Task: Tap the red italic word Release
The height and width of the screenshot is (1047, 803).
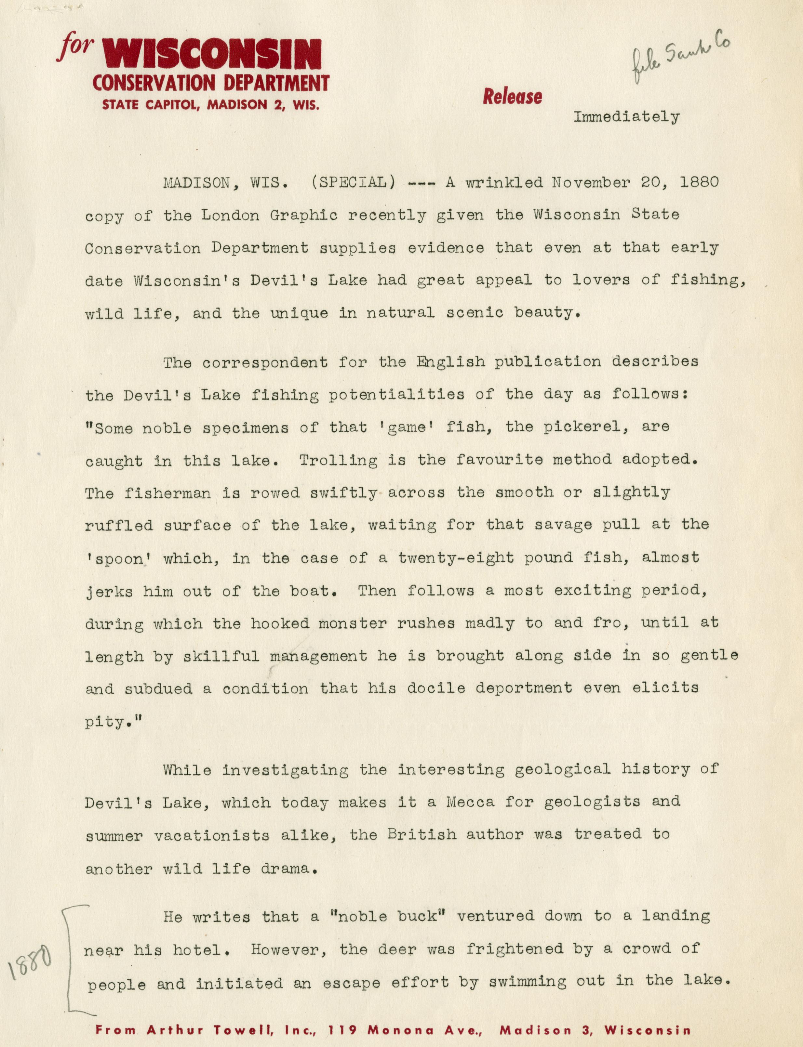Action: pos(512,97)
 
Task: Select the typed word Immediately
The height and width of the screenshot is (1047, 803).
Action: pos(626,117)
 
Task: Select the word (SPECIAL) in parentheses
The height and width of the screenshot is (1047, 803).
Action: pos(353,182)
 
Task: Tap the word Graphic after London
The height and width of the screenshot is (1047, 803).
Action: pos(303,216)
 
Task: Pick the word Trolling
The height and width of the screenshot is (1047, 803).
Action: pos(338,460)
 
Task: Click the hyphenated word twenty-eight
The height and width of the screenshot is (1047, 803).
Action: pos(456,558)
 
